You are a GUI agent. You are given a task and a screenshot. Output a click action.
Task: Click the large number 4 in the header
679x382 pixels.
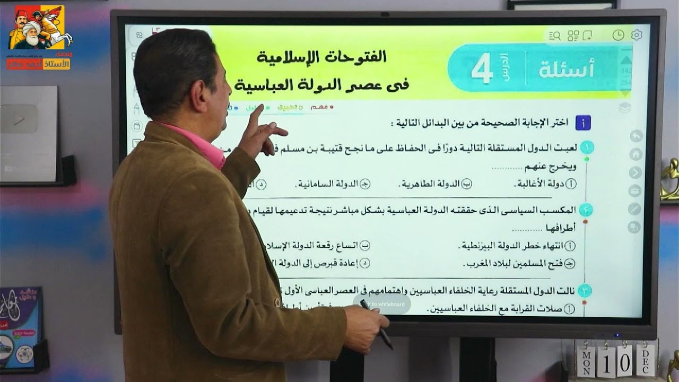coord(482,71)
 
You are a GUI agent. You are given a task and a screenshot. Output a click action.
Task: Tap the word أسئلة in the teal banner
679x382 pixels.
coord(567,70)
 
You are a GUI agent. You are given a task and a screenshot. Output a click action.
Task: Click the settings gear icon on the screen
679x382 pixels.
coord(637,35)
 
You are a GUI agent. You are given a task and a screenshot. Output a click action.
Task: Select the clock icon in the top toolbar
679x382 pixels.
coord(618,35)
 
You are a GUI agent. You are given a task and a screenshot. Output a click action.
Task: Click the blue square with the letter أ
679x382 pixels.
coord(583,124)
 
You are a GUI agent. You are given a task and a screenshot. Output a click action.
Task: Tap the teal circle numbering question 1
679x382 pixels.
coord(586,147)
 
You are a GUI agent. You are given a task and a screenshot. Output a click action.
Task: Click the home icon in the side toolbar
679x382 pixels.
coord(636,154)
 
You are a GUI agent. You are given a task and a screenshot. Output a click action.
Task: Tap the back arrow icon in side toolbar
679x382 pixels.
coord(636,136)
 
